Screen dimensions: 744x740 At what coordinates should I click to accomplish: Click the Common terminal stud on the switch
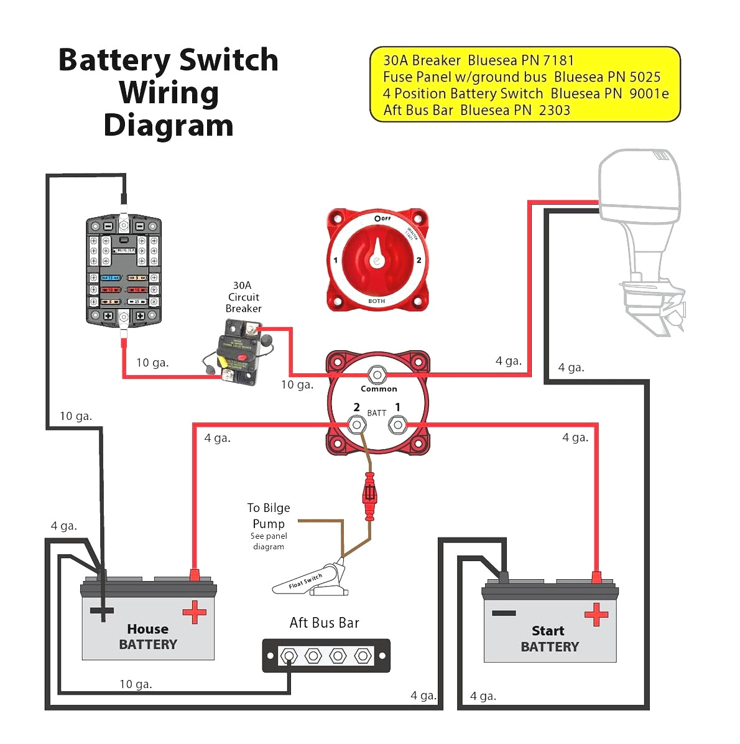click(x=376, y=375)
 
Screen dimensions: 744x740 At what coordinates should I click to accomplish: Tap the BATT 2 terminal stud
click(x=356, y=425)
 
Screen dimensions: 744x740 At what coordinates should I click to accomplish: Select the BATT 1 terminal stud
click(x=397, y=425)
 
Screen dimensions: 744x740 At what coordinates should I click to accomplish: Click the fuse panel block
click(x=124, y=271)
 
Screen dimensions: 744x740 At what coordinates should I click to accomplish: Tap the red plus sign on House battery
click(x=194, y=612)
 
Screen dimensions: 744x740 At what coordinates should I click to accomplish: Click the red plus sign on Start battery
click(x=596, y=615)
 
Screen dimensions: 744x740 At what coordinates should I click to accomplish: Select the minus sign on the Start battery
click(x=504, y=613)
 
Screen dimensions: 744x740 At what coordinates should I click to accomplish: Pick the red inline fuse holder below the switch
click(x=370, y=495)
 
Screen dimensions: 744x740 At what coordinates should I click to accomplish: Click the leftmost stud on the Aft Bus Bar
click(x=289, y=656)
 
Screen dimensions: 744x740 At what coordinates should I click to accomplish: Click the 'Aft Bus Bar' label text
click(x=324, y=623)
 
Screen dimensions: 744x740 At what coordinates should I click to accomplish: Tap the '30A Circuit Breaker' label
click(x=243, y=297)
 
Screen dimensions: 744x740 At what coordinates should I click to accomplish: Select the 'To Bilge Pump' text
click(x=269, y=516)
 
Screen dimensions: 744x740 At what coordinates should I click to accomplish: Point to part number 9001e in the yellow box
click(x=649, y=94)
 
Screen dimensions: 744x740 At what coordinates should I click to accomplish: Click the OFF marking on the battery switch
click(x=383, y=218)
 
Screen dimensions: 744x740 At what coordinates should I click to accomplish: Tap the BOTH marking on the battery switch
click(x=376, y=301)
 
